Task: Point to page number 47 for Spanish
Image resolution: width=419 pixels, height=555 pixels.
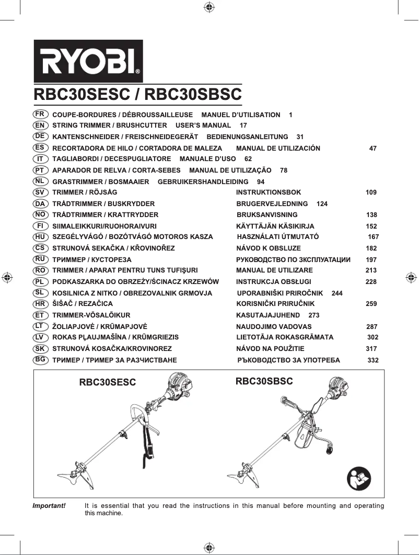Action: tap(373, 148)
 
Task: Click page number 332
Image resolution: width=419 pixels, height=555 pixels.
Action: tap(373, 360)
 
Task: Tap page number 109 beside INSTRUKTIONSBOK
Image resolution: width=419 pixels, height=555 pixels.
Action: tap(371, 192)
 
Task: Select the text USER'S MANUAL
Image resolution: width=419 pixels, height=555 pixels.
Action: tap(203, 126)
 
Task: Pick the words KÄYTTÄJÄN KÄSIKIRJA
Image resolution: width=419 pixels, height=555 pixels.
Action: tap(275, 226)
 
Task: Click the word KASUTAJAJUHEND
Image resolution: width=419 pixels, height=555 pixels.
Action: tap(268, 315)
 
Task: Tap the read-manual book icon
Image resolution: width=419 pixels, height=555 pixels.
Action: tap(359, 477)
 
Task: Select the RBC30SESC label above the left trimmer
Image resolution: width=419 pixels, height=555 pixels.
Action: tap(107, 382)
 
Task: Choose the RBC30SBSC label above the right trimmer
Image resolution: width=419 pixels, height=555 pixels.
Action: tap(264, 381)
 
